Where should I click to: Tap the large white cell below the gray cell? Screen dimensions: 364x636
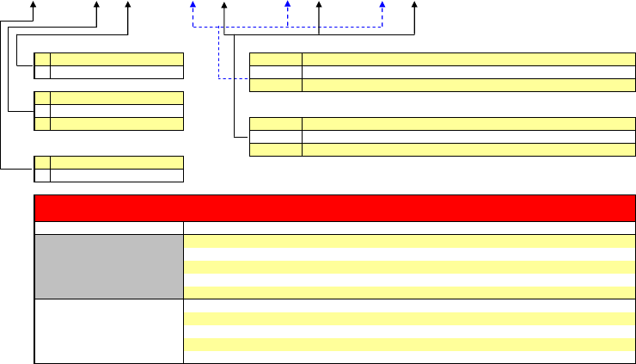point(108,330)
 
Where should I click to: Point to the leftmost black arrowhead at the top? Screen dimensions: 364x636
point(33,5)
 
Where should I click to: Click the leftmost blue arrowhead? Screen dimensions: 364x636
point(193,5)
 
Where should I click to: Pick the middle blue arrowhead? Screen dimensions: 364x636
point(287,5)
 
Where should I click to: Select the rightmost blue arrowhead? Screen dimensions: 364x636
point(382,5)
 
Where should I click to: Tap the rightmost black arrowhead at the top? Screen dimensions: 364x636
point(415,5)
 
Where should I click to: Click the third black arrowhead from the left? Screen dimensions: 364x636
point(128,5)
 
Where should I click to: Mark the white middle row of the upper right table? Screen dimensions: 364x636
point(441,71)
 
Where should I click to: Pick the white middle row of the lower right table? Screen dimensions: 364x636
point(441,136)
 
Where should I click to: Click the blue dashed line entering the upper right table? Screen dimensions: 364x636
point(232,79)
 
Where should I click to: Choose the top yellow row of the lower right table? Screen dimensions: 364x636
point(441,123)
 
